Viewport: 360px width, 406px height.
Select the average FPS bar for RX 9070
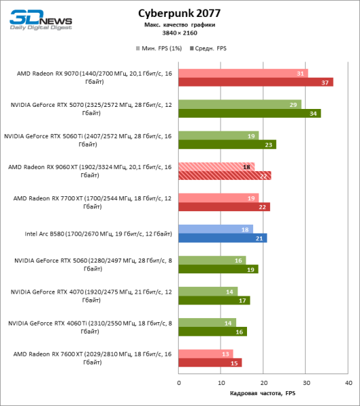[256, 82]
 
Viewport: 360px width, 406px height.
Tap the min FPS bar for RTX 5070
[240, 104]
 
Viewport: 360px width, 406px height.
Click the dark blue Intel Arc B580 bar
[223, 238]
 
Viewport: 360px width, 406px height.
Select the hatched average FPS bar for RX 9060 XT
[225, 175]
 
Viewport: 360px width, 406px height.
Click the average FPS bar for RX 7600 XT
[210, 363]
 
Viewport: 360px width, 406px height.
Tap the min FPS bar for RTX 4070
[208, 291]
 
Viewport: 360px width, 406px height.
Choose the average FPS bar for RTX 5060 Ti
[227, 144]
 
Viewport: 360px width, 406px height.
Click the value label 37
[326, 82]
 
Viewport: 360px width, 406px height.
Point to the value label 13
[225, 354]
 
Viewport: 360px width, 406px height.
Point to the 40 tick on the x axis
[348, 382]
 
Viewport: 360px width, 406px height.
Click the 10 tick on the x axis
[221, 382]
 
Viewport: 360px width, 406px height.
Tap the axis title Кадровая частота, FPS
[263, 393]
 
